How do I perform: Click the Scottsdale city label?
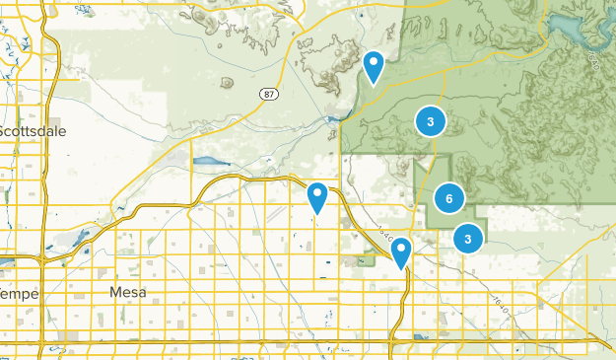(30, 130)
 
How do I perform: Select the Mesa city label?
(128, 292)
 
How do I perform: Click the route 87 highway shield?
(268, 93)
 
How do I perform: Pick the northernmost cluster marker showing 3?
(430, 121)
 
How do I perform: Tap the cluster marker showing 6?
(448, 199)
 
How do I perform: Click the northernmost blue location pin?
(374, 66)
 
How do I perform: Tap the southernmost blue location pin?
(400, 252)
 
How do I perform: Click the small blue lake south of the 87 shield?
(209, 160)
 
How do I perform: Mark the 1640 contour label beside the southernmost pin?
(385, 240)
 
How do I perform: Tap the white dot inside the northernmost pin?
(374, 61)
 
